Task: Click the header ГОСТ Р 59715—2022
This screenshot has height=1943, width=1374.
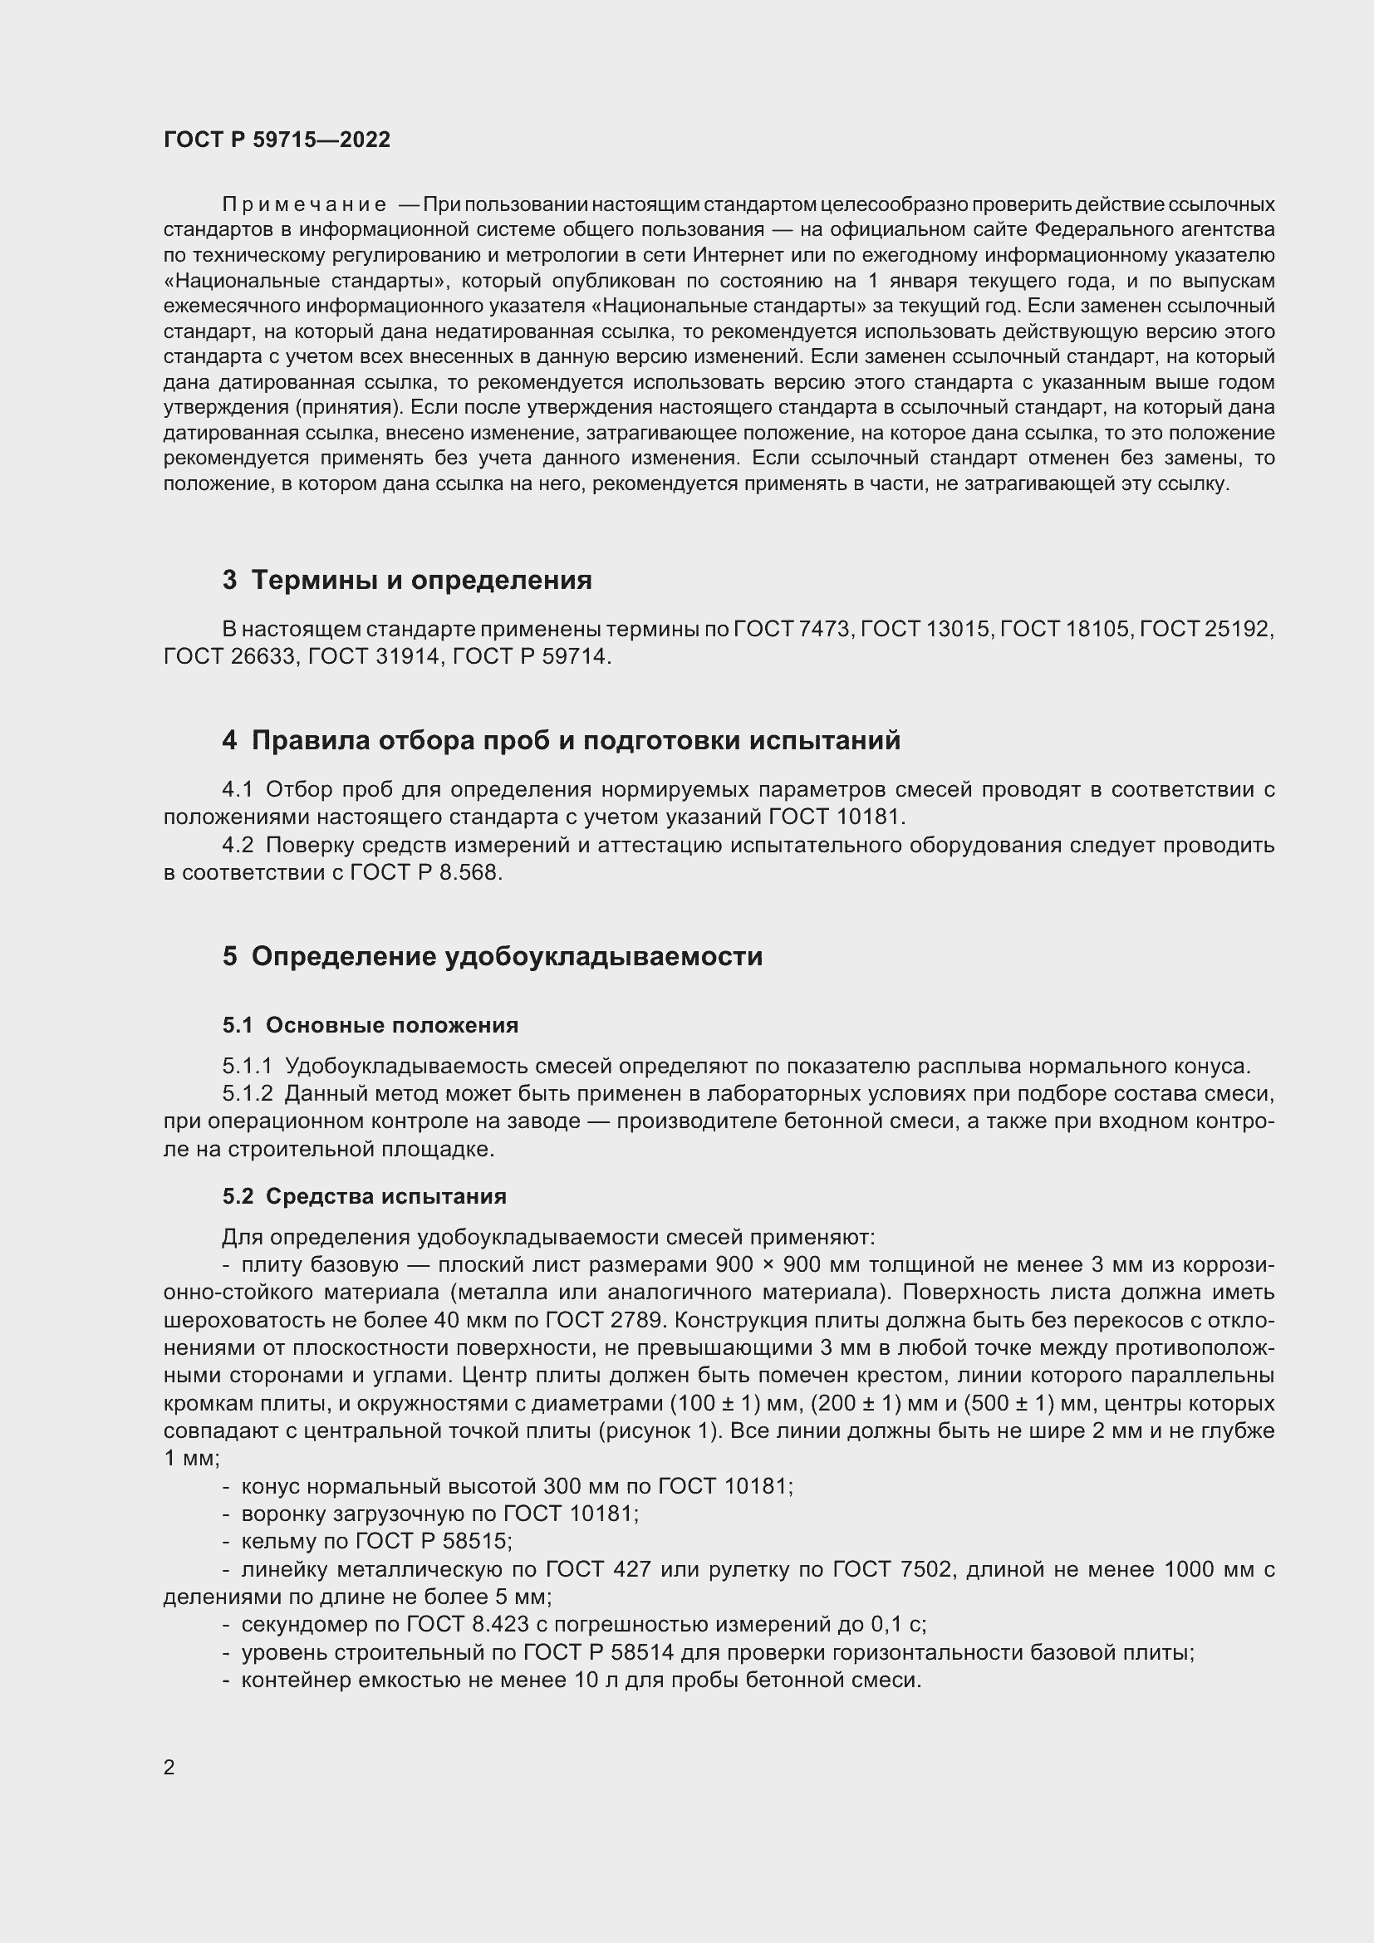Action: point(277,140)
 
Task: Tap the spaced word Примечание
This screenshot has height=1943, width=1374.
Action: point(304,205)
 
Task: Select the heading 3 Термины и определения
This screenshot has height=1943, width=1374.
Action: point(406,581)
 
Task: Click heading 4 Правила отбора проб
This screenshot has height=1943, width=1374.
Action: point(561,740)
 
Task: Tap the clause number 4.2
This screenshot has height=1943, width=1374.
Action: point(237,846)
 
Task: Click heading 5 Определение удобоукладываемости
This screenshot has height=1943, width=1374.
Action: point(493,956)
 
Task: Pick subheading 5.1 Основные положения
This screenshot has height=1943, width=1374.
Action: point(370,1026)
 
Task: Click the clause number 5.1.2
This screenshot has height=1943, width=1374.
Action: point(247,1093)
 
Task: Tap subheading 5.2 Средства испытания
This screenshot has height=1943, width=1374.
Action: point(365,1196)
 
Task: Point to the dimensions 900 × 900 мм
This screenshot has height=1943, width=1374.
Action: point(788,1265)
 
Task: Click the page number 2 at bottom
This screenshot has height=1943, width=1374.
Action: point(169,1767)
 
